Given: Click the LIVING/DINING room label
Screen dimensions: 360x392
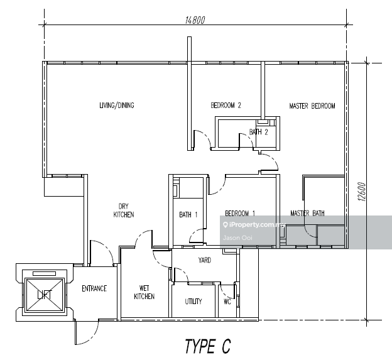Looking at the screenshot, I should click(x=116, y=106).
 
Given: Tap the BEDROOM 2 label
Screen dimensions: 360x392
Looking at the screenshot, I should click(x=226, y=106).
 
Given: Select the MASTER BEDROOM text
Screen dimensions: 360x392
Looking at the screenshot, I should click(x=312, y=106).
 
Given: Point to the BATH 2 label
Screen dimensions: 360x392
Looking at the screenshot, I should click(x=259, y=132).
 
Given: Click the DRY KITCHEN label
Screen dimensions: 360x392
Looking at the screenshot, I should click(x=123, y=210).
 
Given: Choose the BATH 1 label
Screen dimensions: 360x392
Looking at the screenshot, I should click(x=188, y=215).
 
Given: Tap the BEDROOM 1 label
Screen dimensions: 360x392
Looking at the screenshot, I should click(x=239, y=213).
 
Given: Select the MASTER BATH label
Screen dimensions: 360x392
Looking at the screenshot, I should click(x=307, y=214).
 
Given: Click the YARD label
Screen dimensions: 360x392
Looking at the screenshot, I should click(x=204, y=259).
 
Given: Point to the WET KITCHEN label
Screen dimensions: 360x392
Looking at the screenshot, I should click(x=144, y=292).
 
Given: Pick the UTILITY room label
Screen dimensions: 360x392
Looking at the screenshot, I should click(x=193, y=302).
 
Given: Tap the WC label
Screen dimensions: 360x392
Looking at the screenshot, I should click(x=227, y=302).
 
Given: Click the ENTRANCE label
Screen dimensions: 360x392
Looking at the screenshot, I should click(x=94, y=289).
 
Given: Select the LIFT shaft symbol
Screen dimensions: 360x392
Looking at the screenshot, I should click(x=43, y=293).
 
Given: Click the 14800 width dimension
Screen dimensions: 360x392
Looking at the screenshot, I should click(x=195, y=19).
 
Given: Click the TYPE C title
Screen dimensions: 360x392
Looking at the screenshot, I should click(x=207, y=346).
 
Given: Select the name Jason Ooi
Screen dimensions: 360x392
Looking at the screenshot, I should click(x=236, y=237).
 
